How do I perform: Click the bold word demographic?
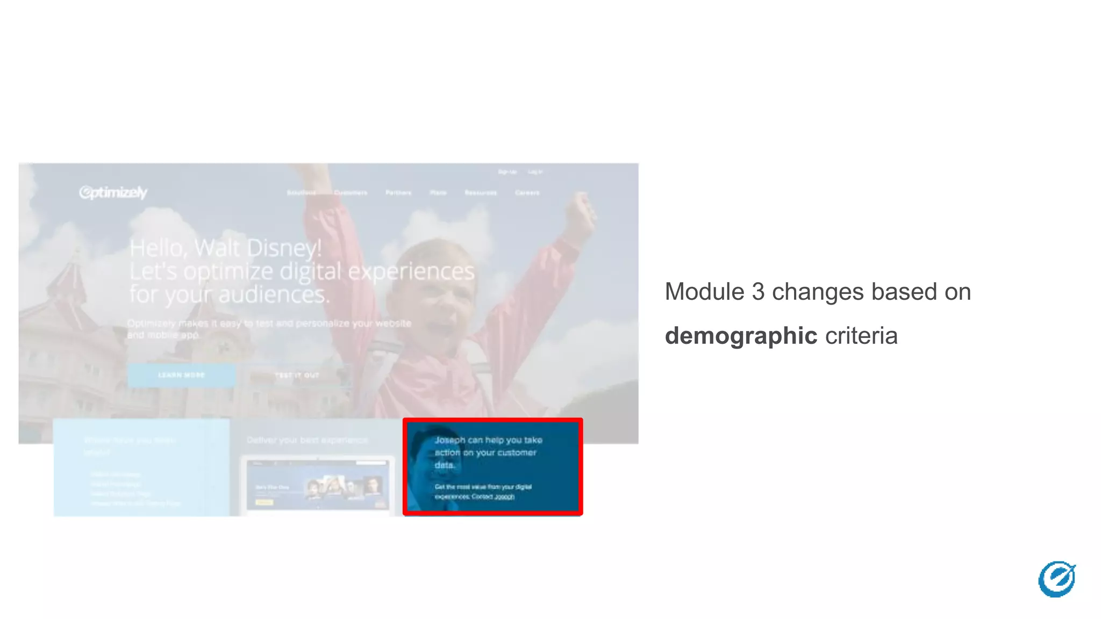741,336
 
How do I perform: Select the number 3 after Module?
757,292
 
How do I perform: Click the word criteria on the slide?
861,336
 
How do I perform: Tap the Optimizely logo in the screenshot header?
113,192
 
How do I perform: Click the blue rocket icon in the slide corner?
1056,579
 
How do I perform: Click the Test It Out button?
297,375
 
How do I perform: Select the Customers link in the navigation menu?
351,192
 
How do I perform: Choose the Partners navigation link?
398,192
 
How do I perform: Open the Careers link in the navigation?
527,192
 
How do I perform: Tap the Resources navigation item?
481,192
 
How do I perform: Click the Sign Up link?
507,172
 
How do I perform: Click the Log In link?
535,172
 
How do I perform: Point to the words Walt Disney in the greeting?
258,248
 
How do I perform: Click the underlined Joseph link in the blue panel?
504,497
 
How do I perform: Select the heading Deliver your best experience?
307,440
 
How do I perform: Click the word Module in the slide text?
704,292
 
